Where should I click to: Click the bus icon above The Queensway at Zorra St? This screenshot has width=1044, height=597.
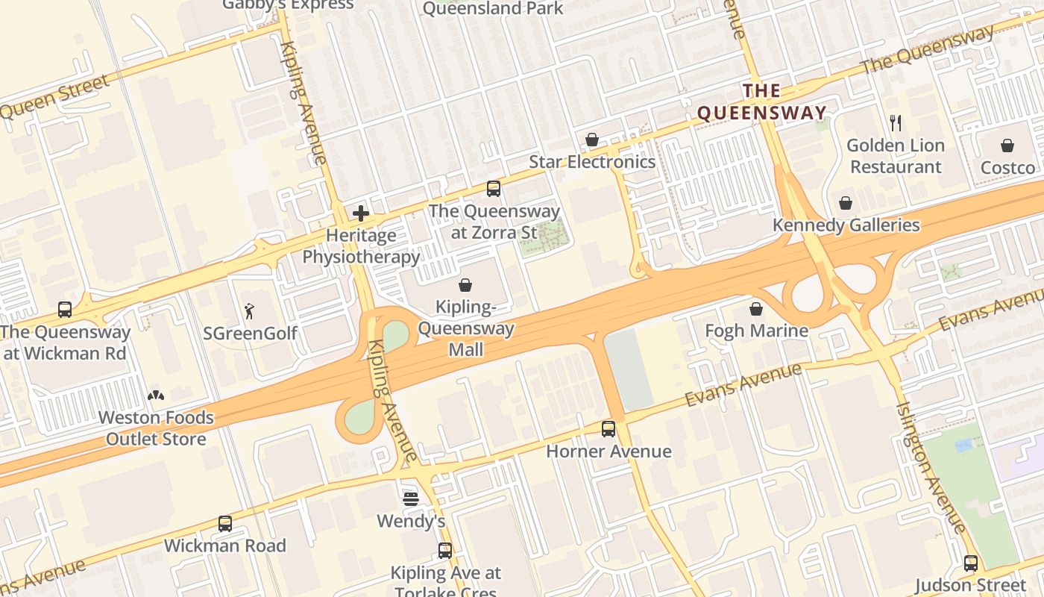point(493,188)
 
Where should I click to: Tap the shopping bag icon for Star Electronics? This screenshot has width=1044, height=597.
point(592,140)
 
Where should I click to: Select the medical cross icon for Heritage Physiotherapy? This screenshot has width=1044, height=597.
point(361,213)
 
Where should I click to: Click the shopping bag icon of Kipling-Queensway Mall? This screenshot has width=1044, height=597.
point(465,285)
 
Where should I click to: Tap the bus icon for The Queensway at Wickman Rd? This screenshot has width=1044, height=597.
point(65,310)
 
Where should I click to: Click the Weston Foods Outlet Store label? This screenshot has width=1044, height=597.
point(156,428)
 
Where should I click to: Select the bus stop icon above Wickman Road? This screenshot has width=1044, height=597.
point(225,524)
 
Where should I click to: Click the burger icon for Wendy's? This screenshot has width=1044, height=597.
point(411,498)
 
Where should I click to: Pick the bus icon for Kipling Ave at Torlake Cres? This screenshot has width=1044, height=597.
point(445,551)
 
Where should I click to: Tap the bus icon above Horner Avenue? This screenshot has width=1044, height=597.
point(609,429)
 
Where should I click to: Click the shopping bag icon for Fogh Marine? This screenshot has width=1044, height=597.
point(756,309)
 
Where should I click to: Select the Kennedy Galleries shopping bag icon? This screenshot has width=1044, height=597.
point(846,203)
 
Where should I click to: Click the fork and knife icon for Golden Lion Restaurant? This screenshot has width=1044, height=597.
point(896,123)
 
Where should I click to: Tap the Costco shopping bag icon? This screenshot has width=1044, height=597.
point(1007,146)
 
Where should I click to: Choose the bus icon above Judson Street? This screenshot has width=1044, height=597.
point(970,563)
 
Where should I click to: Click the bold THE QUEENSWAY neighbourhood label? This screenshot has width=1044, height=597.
point(761,102)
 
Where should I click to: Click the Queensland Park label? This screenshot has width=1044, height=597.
point(493,8)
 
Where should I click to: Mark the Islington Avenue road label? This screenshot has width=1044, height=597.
point(932,466)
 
